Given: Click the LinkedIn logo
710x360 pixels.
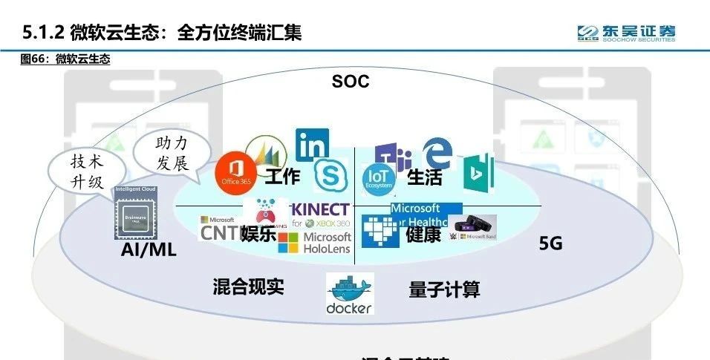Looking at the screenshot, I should tap(312, 145).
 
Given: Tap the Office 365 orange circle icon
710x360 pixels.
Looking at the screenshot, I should tap(235, 171).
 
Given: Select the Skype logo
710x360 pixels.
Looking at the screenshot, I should tap(330, 175).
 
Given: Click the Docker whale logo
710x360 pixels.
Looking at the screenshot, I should tap(350, 294).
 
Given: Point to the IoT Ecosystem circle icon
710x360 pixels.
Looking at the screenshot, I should tap(380, 178).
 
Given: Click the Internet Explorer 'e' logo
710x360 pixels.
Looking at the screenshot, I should tap(437, 154).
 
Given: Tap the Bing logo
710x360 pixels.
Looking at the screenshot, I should tap(478, 172).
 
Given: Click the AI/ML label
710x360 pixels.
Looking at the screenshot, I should tap(149, 249).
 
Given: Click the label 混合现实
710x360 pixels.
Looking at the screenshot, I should tap(248, 287).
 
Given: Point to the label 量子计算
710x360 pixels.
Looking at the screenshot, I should tap(444, 289).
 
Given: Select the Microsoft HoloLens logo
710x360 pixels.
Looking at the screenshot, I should tap(315, 243).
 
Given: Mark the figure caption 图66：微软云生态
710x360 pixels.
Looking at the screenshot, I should tap(65, 59).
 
